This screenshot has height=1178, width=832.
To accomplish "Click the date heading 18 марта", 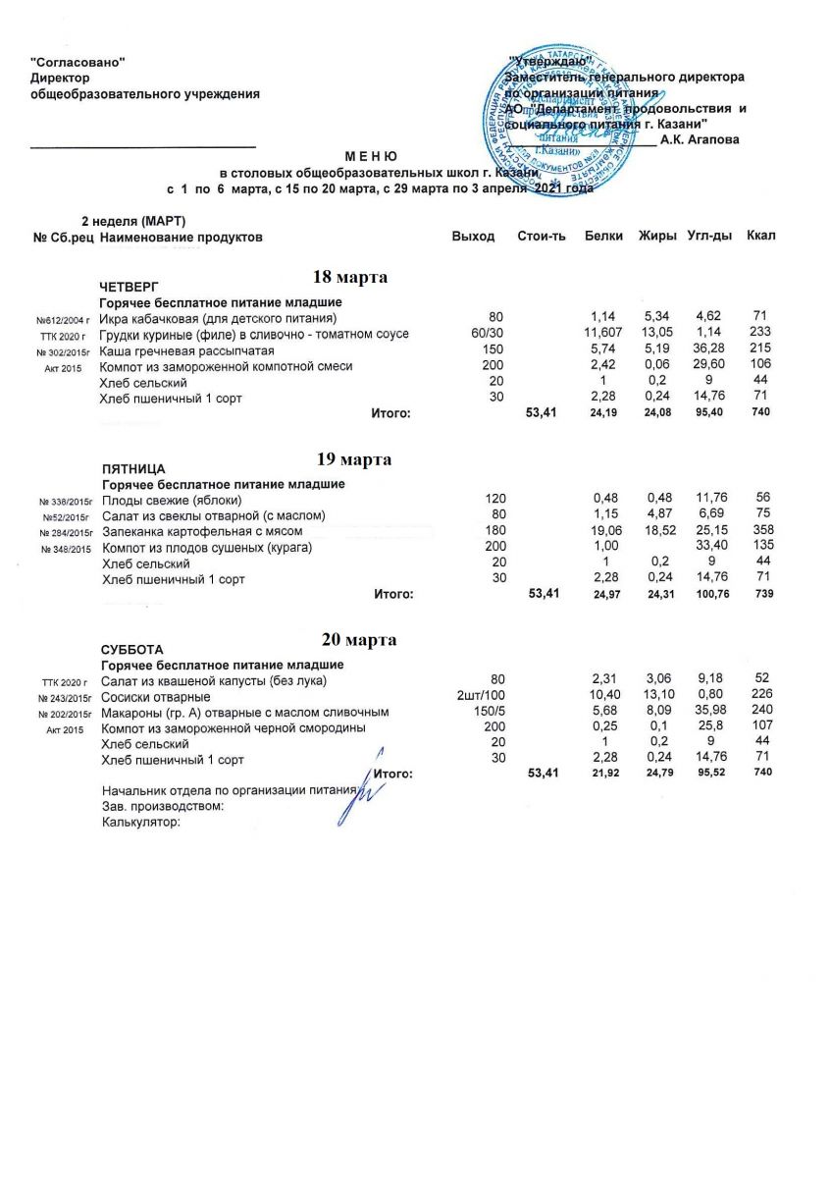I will point(350,278).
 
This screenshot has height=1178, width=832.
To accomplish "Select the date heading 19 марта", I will point(354,459).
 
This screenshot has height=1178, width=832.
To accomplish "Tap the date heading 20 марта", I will point(359,640).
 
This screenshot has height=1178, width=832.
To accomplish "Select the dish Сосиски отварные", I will point(156,697).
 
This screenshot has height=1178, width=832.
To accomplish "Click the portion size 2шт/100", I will point(483,697).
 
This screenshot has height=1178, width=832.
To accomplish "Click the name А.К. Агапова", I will point(700,140).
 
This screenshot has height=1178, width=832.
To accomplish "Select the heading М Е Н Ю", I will point(371,156).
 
